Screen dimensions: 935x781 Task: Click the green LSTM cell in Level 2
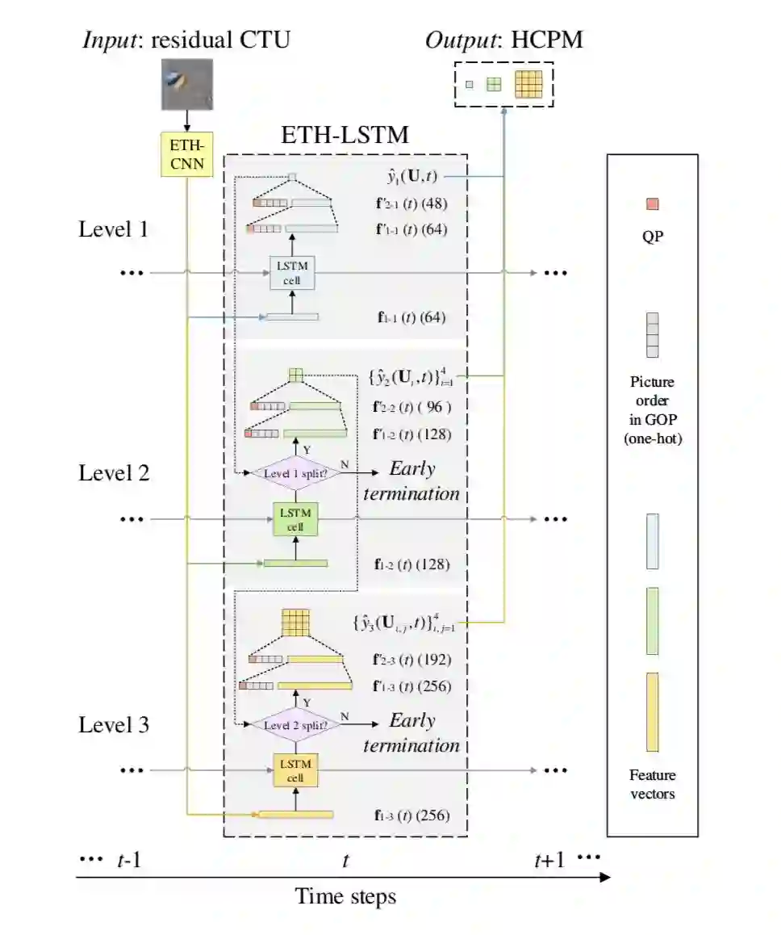tap(295, 520)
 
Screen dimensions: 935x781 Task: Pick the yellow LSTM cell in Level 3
tap(295, 770)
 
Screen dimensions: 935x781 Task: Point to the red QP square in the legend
tap(652, 204)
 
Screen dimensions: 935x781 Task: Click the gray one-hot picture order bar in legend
tap(652, 335)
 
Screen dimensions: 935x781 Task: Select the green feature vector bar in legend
tap(652, 620)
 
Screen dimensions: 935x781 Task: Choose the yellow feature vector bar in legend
tap(652, 711)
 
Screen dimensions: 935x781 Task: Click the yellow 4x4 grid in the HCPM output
tap(528, 84)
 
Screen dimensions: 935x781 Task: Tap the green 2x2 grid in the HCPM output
tap(494, 84)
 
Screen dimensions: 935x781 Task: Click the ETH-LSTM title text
tap(345, 135)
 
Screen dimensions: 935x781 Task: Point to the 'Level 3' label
tap(114, 725)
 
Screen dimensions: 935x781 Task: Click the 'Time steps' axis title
tap(345, 896)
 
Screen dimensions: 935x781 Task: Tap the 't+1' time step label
tap(549, 861)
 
